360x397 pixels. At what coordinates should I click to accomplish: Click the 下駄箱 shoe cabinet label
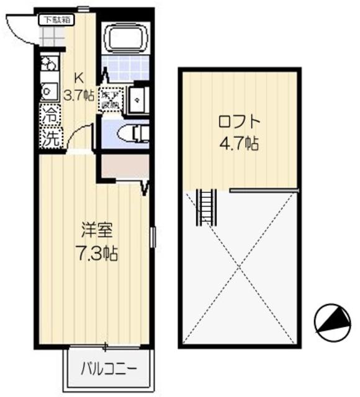[56, 20]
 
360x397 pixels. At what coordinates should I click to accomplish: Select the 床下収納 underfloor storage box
[110, 100]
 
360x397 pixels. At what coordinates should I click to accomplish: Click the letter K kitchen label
[79, 78]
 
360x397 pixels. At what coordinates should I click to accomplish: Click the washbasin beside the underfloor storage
[137, 99]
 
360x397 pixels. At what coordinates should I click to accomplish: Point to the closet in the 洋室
[124, 166]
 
